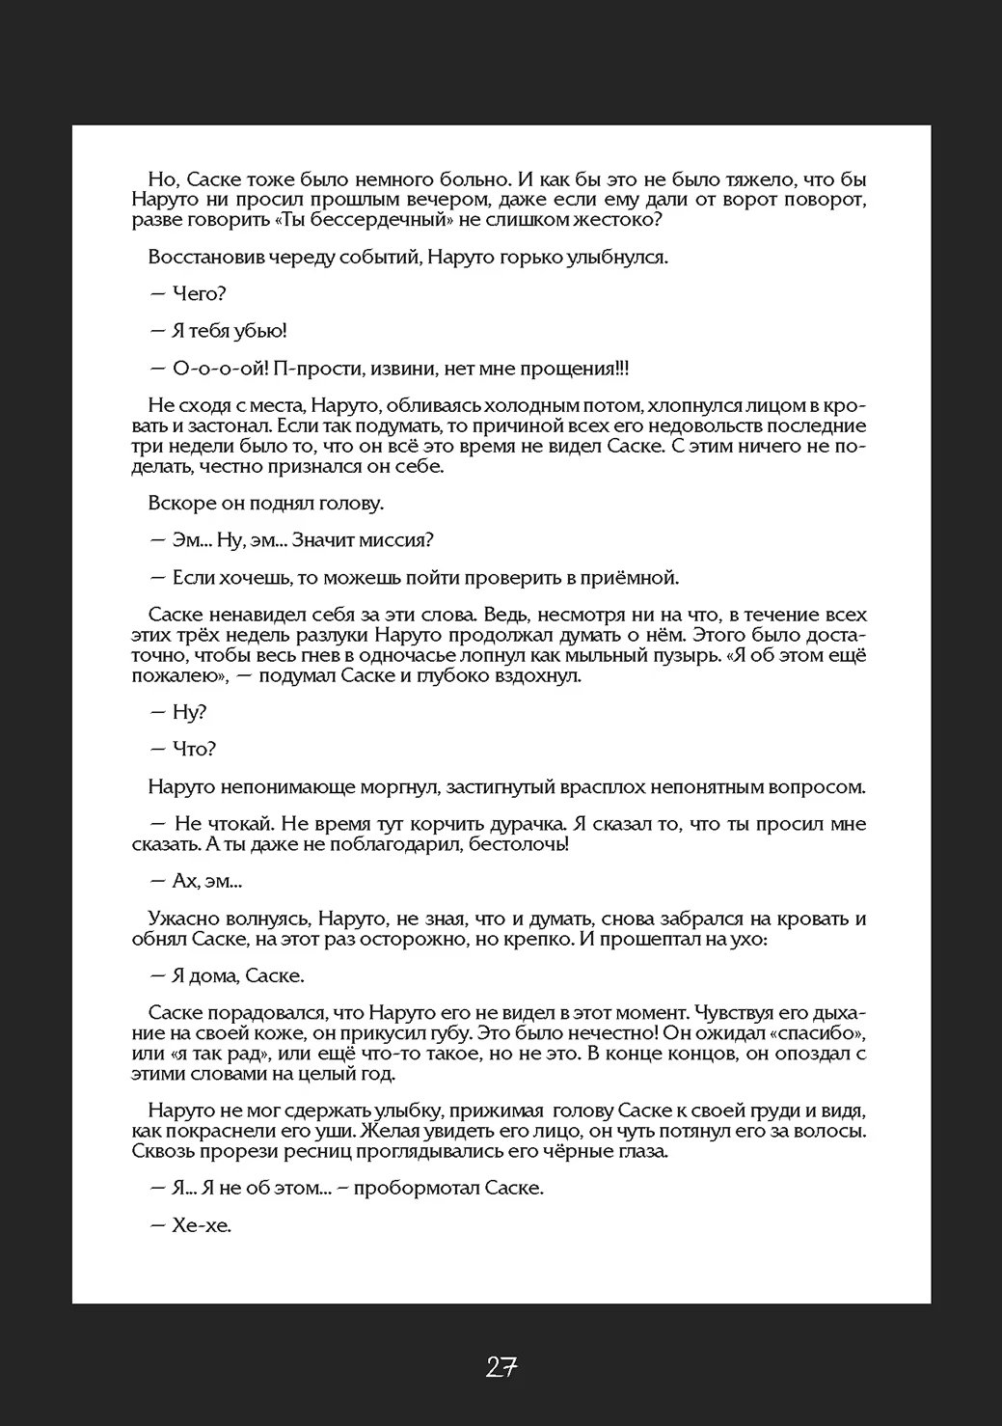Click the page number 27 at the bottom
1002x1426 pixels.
pos(501,1366)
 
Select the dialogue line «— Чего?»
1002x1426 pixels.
pos(188,294)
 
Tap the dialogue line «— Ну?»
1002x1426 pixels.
pos(179,712)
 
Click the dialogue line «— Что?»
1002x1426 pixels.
pos(183,749)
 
